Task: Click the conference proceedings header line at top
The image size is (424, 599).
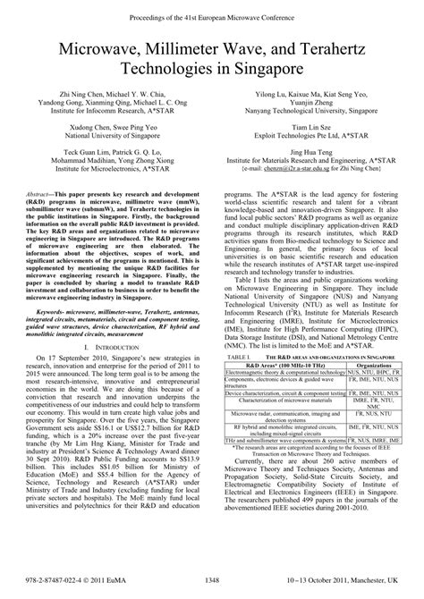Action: tap(212, 16)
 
